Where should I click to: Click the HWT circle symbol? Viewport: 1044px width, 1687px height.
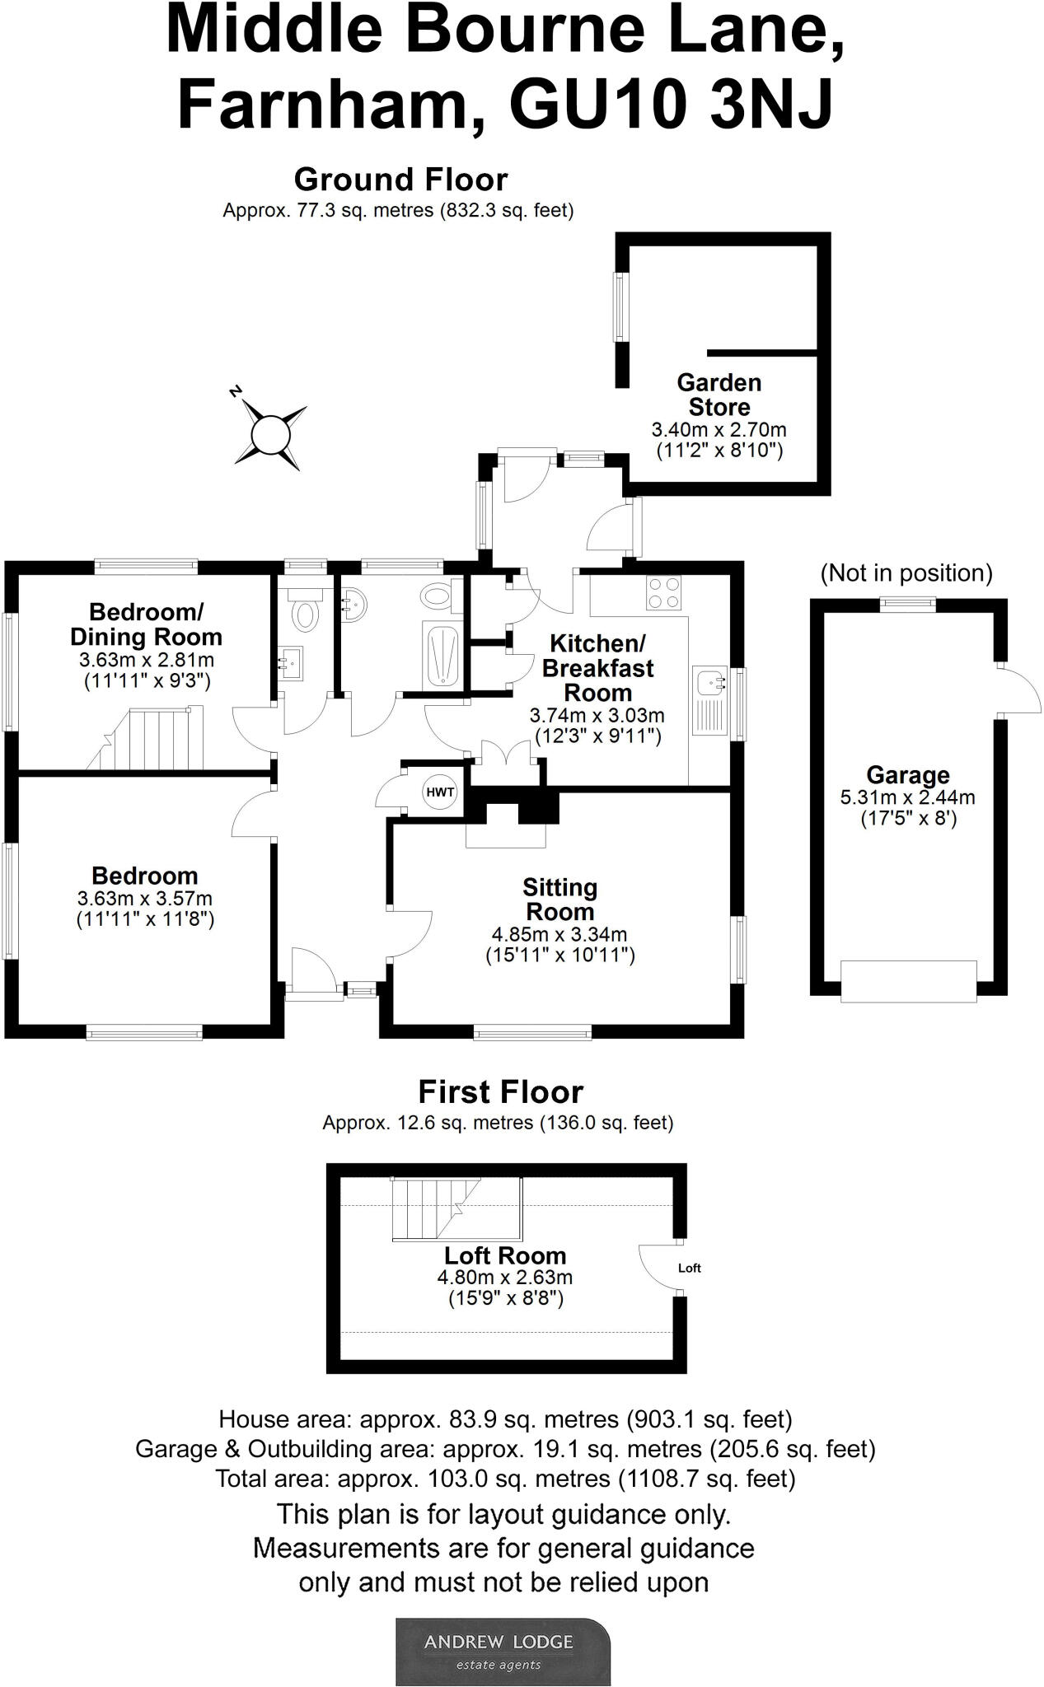tap(440, 792)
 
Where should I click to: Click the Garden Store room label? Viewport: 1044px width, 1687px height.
tap(719, 395)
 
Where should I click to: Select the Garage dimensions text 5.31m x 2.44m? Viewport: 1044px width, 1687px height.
tap(907, 797)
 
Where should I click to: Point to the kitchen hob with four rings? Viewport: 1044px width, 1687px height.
tap(664, 591)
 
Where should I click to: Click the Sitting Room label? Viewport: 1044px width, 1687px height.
tap(559, 900)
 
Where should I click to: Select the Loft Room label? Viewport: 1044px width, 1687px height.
tap(505, 1255)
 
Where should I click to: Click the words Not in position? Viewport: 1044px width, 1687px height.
tap(906, 573)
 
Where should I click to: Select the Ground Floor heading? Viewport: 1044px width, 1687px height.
tap(400, 180)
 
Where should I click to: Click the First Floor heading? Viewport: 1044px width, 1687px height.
tap(500, 1092)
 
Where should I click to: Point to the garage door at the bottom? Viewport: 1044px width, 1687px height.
tap(908, 980)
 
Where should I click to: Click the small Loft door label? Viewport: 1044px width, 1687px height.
tap(690, 1268)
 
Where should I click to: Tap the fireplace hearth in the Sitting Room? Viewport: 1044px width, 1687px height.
tap(506, 834)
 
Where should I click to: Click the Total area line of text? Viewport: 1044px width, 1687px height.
tap(505, 1479)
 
